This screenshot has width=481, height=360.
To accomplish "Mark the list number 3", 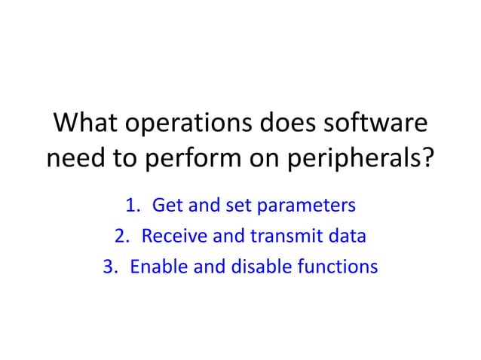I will click(x=108, y=267).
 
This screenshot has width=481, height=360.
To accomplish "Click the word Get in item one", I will click(x=167, y=206).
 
